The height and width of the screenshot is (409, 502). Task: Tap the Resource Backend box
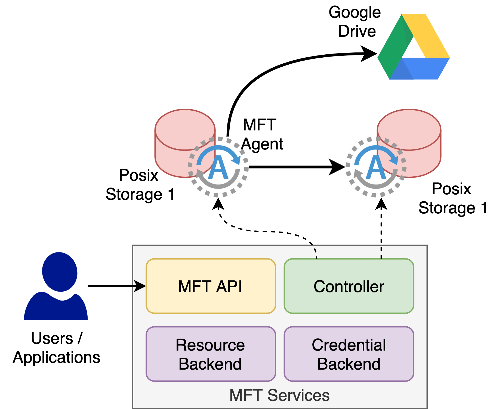pyautogui.click(x=211, y=354)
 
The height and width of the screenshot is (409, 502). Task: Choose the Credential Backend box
pyautogui.click(x=349, y=354)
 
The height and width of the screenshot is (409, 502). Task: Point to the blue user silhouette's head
pyautogui.click(x=60, y=272)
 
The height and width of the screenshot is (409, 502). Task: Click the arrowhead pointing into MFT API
pyautogui.click(x=140, y=286)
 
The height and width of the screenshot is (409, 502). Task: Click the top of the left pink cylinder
pyautogui.click(x=185, y=129)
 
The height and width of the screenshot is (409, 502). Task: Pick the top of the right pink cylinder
pyautogui.click(x=409, y=129)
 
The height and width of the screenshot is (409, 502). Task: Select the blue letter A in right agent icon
pyautogui.click(x=376, y=168)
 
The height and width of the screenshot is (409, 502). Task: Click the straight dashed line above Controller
pyautogui.click(x=381, y=253)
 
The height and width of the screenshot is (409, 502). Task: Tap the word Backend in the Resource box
pyautogui.click(x=210, y=364)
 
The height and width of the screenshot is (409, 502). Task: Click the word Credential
pyautogui.click(x=349, y=345)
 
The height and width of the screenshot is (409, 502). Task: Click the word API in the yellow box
pyautogui.click(x=229, y=286)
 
